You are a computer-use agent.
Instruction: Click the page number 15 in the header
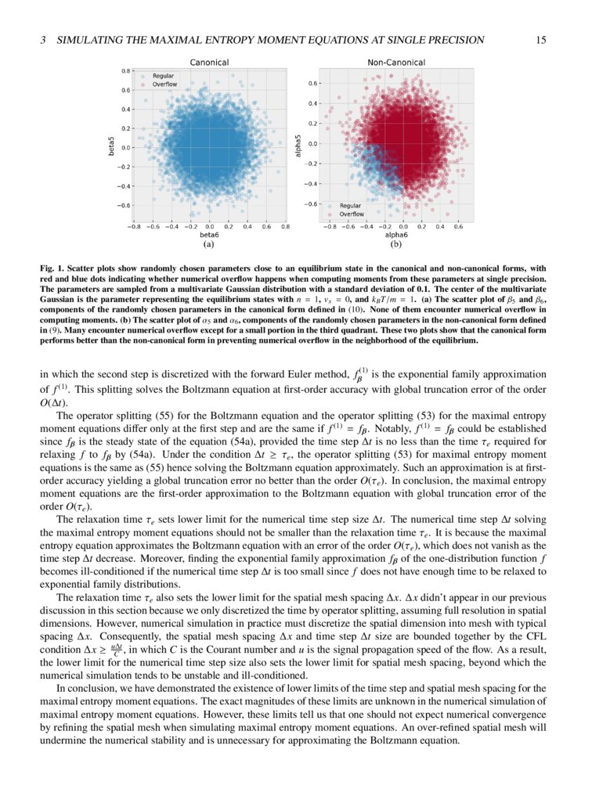tap(540, 40)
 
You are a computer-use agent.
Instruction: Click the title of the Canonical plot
tap(209, 62)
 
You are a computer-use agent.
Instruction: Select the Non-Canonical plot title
tap(396, 62)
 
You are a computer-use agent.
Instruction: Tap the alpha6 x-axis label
tap(396, 234)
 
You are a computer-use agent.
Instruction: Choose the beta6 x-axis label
tap(209, 234)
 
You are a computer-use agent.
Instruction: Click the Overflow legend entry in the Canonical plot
tap(164, 84)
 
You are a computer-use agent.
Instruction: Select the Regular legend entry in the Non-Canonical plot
tap(350, 206)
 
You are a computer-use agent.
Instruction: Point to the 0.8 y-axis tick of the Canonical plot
tap(125, 71)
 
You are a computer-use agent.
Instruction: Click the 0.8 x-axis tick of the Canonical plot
tap(285, 226)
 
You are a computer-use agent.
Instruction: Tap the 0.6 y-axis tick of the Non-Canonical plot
tap(312, 83)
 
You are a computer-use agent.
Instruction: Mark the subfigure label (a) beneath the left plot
tap(209, 244)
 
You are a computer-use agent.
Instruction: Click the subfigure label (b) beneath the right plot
tap(396, 244)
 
